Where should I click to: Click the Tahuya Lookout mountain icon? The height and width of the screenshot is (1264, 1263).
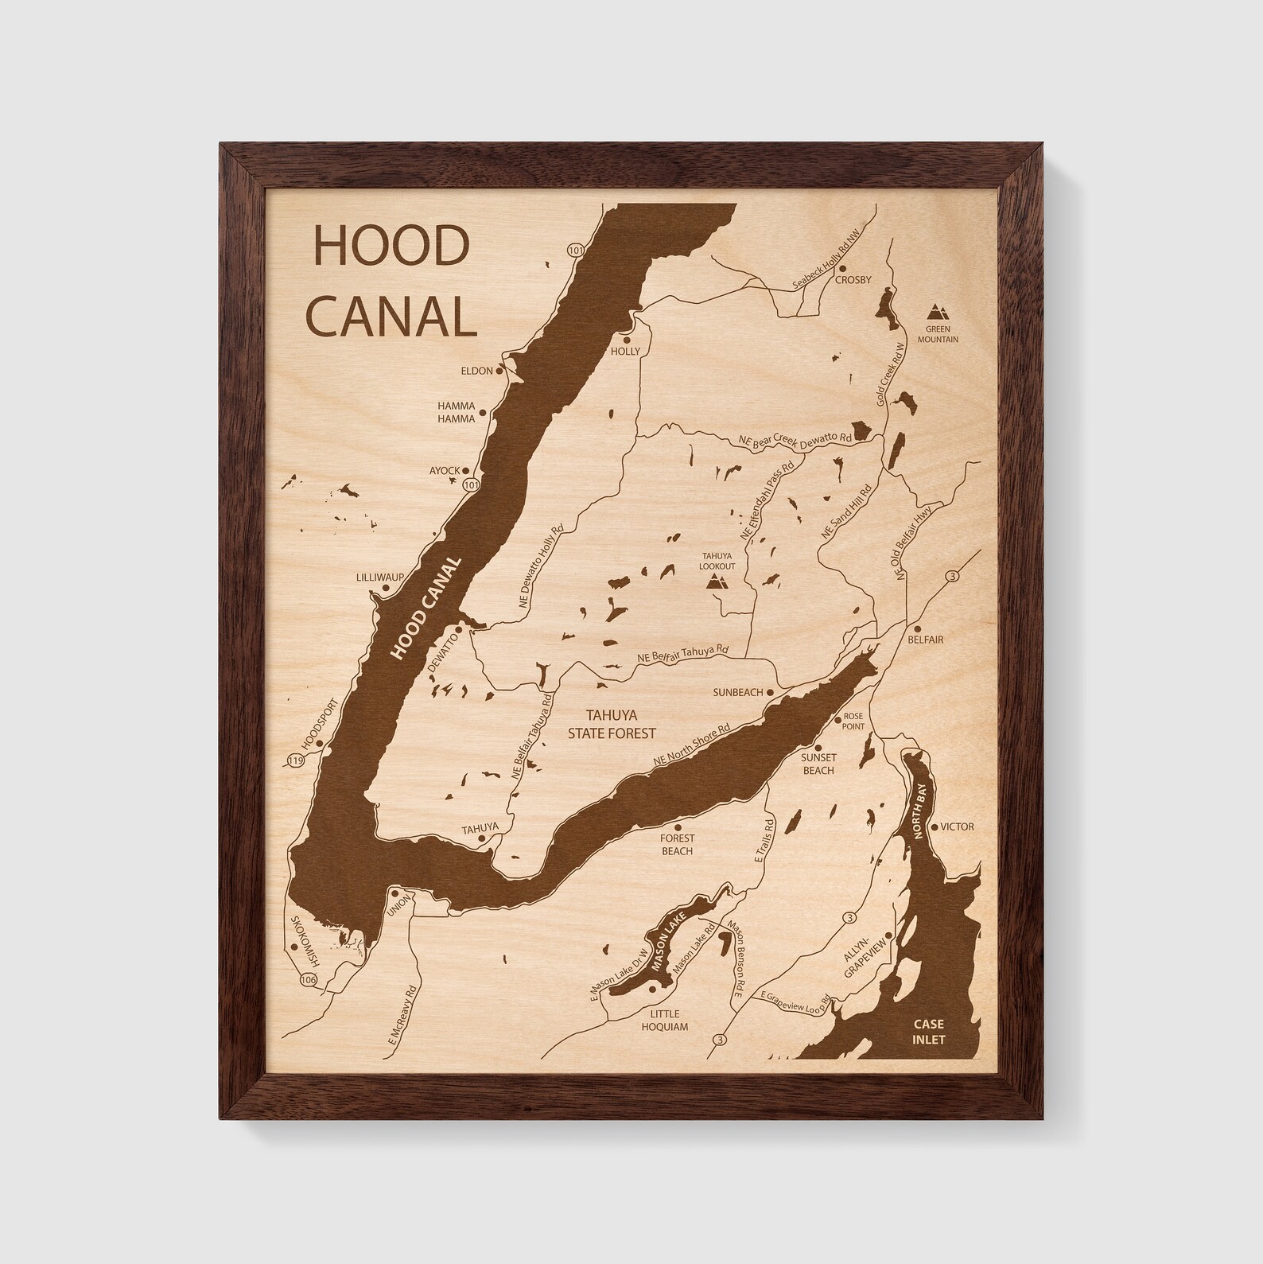[x=717, y=582]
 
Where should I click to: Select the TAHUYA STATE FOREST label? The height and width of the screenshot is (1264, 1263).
[x=612, y=723]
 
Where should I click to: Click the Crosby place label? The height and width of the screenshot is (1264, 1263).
[x=853, y=280]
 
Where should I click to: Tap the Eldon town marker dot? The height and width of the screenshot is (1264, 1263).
[x=499, y=371]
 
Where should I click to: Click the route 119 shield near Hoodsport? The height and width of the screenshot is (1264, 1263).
[x=297, y=761]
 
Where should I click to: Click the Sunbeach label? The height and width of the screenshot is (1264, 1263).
[x=736, y=693]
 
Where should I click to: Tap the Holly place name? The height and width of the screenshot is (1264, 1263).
[x=624, y=351]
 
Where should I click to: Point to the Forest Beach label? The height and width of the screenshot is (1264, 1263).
[x=677, y=844]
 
